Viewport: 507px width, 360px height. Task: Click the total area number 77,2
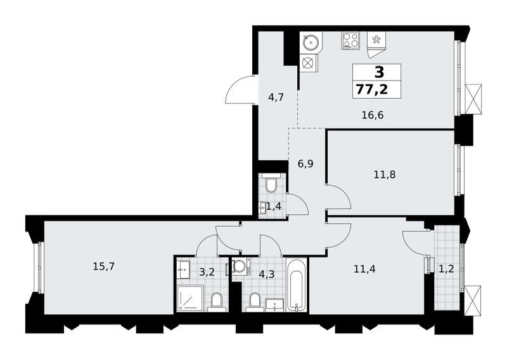(372, 89)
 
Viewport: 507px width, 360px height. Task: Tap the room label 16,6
(373, 115)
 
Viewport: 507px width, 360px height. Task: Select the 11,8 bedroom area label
(385, 175)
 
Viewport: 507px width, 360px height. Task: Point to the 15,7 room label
(104, 267)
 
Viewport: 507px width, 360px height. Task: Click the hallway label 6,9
(305, 164)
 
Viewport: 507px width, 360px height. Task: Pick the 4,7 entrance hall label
(276, 97)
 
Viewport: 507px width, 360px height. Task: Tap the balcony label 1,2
(446, 269)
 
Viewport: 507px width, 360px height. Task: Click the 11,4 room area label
(364, 269)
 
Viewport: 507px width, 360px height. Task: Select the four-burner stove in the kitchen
(350, 41)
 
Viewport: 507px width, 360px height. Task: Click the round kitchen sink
(311, 41)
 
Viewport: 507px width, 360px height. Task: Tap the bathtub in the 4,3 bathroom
(296, 285)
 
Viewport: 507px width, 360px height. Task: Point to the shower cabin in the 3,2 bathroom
(191, 299)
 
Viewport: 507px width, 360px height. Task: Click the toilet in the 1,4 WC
(271, 183)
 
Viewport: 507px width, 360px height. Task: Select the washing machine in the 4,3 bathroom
(240, 266)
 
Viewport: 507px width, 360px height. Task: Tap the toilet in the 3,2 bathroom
(216, 302)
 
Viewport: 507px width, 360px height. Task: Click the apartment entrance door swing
(241, 89)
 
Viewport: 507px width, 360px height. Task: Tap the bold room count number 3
(379, 72)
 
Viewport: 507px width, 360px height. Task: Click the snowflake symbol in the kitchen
(376, 40)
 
